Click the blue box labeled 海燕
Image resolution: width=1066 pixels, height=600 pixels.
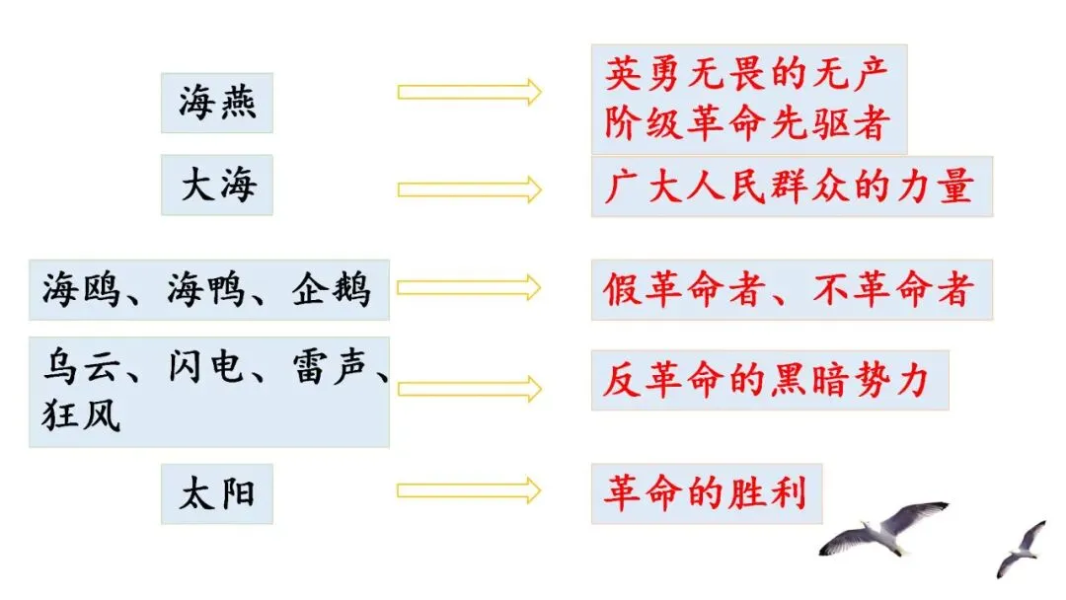click(x=217, y=102)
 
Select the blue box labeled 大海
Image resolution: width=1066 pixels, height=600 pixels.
click(x=217, y=185)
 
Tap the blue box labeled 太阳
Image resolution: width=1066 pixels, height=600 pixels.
click(x=217, y=492)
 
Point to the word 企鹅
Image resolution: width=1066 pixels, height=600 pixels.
click(x=331, y=290)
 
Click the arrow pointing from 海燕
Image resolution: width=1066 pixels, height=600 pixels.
click(x=469, y=92)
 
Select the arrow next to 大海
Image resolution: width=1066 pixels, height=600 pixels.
click(x=469, y=188)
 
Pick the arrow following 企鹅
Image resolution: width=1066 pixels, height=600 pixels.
click(x=469, y=287)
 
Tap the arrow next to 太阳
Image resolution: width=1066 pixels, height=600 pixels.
click(x=469, y=489)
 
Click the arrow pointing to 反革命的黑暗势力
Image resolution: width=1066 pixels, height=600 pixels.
click(x=469, y=389)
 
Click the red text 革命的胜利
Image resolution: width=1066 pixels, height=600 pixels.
click(x=705, y=490)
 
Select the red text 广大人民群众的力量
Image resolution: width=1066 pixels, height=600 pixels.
click(x=790, y=186)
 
